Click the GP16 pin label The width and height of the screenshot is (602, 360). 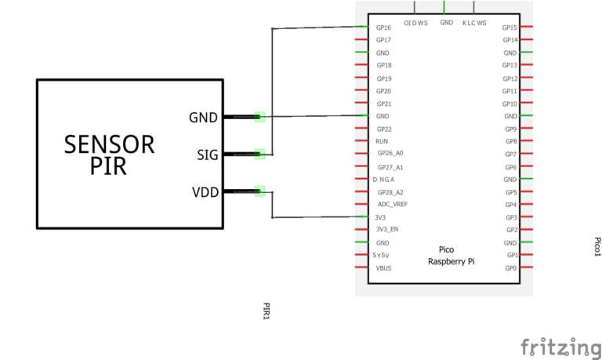[x=383, y=27]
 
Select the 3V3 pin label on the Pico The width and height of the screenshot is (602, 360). [x=381, y=217]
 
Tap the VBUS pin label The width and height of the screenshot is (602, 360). [x=383, y=268]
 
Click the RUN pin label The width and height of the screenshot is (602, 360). [x=382, y=141]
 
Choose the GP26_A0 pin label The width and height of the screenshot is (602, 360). [x=390, y=154]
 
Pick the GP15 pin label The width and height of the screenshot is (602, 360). [x=510, y=27]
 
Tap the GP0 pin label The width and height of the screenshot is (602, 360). [x=511, y=268]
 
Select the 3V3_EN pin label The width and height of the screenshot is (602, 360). [x=387, y=230]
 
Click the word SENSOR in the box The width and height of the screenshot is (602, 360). [x=109, y=144]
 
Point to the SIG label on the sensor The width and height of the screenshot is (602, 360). [x=208, y=155]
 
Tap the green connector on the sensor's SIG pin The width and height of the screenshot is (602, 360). [x=260, y=154]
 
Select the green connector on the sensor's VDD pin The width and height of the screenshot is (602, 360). [x=260, y=191]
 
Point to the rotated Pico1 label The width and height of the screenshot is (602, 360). [x=597, y=246]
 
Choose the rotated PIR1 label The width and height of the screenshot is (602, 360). [x=267, y=311]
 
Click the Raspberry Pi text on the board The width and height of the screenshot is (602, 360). [x=451, y=262]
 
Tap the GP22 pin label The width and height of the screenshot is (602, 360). [x=383, y=129]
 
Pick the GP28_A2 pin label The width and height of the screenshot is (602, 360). [x=390, y=192]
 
